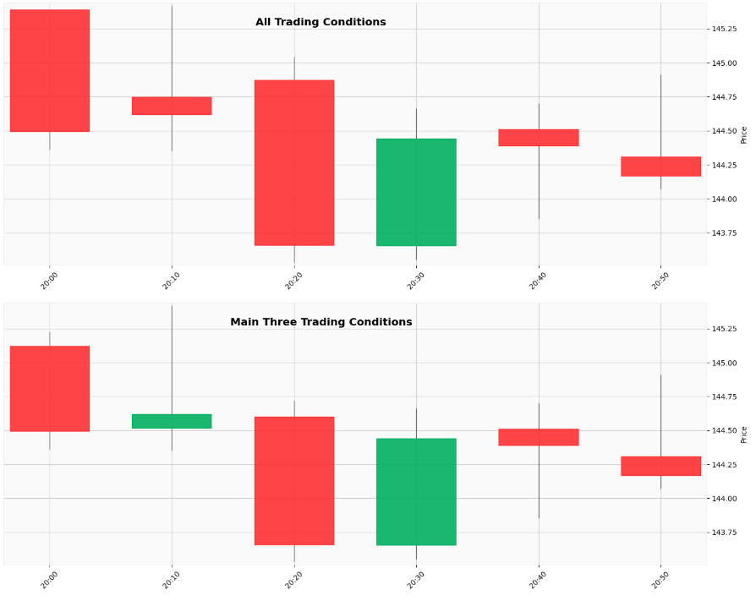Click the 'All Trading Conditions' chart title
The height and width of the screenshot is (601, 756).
coord(320,22)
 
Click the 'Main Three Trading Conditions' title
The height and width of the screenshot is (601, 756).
coord(321,322)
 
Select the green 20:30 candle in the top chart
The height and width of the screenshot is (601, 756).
coord(416,192)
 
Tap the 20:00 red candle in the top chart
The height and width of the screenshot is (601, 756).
coord(50,70)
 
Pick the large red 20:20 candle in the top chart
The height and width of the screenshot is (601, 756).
coord(294,162)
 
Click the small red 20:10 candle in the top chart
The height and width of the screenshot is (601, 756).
coord(172,106)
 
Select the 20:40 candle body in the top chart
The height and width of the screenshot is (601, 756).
coord(539,138)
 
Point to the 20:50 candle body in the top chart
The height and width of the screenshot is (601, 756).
coord(660,167)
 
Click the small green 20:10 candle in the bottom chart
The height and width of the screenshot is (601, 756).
coord(172,421)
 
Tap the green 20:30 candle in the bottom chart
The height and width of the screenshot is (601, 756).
coord(416,491)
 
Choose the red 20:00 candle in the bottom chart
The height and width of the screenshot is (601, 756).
coord(50,389)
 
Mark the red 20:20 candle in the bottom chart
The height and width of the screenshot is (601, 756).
coord(294,480)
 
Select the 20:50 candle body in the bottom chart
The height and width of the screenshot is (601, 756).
coord(660,466)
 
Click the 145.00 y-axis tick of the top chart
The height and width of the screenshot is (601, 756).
coord(725,63)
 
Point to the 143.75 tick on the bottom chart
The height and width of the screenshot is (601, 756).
coord(725,533)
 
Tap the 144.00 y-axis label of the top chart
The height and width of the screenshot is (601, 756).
coord(725,199)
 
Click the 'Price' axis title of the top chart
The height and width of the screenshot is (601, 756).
coord(744,135)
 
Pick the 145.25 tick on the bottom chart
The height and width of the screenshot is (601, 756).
coord(725,329)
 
